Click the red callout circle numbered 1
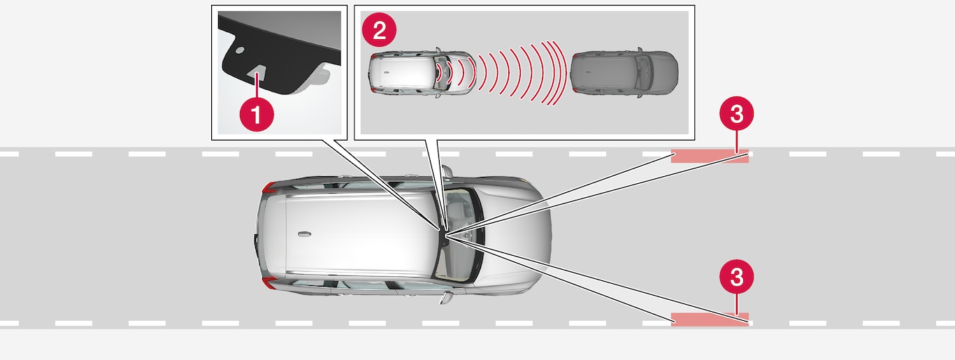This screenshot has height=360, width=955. [x=257, y=114]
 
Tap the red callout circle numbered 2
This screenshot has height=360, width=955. [x=379, y=30]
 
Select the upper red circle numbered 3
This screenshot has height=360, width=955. [x=737, y=114]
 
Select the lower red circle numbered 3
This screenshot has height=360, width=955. [x=737, y=277]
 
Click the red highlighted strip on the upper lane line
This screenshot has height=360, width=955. [x=710, y=156]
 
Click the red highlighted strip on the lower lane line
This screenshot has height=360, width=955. [x=710, y=319]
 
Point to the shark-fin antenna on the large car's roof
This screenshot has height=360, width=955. [x=304, y=234]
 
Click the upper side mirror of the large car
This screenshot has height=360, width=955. [x=446, y=171]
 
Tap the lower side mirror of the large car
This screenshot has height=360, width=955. [x=446, y=297]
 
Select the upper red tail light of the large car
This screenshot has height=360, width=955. [x=269, y=188]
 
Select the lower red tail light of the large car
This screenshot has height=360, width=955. [x=269, y=282]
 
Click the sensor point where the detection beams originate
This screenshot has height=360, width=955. [x=445, y=233]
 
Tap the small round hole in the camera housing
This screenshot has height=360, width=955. [x=240, y=50]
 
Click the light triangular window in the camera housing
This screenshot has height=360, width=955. [x=257, y=73]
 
